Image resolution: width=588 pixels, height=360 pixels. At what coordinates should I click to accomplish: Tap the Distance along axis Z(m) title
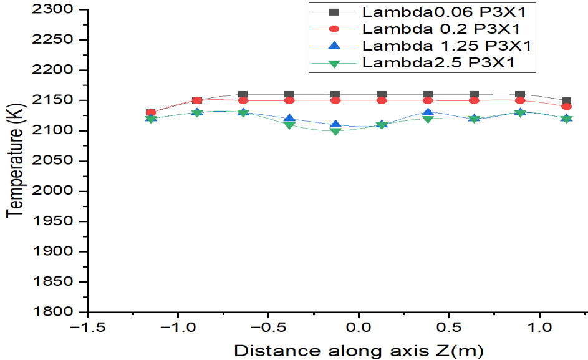click(359, 350)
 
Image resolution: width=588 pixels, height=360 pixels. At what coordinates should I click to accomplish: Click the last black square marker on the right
click(566, 100)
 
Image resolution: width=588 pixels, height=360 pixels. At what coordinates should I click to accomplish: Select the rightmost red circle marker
click(566, 107)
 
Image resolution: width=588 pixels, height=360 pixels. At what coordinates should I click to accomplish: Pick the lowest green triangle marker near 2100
click(335, 131)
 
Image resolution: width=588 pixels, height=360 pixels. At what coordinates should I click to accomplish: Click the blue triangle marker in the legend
click(334, 46)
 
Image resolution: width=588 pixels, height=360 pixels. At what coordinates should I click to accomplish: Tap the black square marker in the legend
click(334, 12)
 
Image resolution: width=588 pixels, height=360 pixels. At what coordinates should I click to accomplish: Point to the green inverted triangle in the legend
click(334, 62)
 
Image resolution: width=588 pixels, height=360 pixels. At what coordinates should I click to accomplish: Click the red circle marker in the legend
click(334, 29)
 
